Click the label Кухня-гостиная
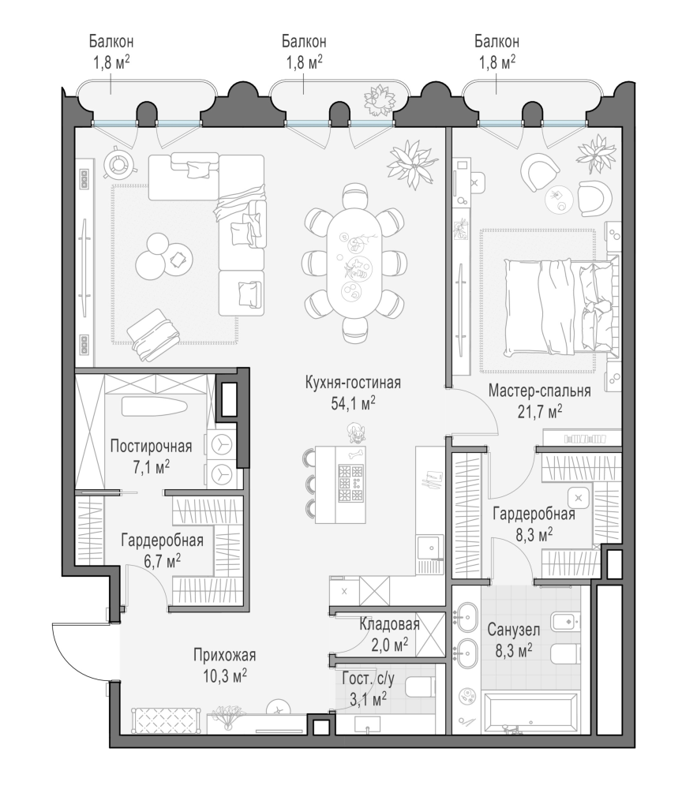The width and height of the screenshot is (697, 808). click(x=353, y=383)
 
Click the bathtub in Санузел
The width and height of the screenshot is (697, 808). click(x=530, y=711)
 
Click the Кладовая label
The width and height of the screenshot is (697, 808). click(x=389, y=624)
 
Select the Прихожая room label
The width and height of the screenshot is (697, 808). click(x=225, y=655)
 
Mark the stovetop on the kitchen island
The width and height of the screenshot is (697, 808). click(x=350, y=483)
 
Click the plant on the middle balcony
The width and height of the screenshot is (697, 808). click(x=379, y=101)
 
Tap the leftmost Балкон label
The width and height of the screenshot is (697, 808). click(x=111, y=41)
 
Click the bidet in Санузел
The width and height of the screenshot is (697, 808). click(x=565, y=622)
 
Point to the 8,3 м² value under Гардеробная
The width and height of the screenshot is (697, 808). click(x=534, y=536)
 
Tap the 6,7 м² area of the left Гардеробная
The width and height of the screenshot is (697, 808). click(x=162, y=561)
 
